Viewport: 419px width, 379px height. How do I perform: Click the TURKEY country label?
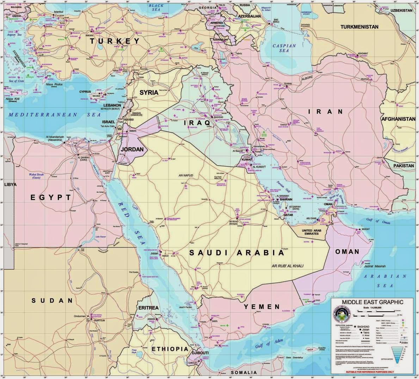(115, 41)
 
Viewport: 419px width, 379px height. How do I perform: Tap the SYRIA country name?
(149, 93)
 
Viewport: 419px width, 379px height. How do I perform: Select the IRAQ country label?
(197, 123)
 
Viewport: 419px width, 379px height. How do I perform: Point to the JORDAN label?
(132, 149)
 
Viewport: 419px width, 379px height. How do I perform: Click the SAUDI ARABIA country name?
(236, 253)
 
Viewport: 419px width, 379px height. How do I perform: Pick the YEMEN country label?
(261, 306)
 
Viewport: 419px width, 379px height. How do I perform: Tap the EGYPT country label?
(51, 197)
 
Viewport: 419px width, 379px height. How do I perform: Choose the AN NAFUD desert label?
(186, 175)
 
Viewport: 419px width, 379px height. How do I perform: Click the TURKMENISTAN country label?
(359, 27)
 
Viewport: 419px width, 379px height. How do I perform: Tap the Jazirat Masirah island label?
(375, 266)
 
